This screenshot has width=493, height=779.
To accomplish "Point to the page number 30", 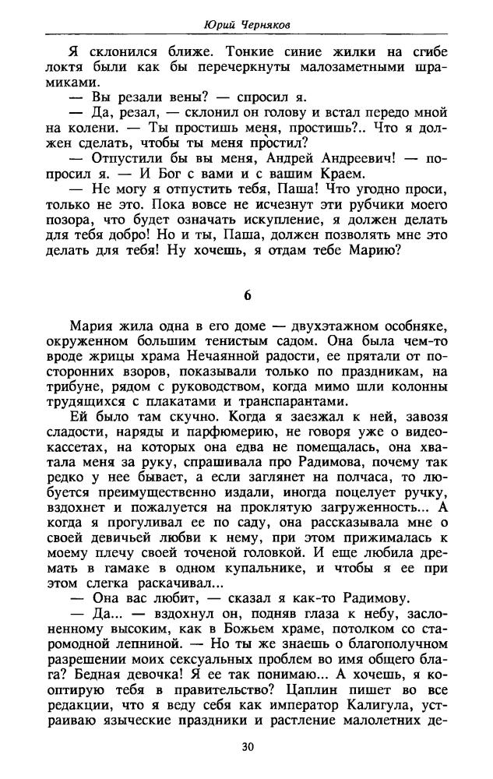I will pos(247,746).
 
